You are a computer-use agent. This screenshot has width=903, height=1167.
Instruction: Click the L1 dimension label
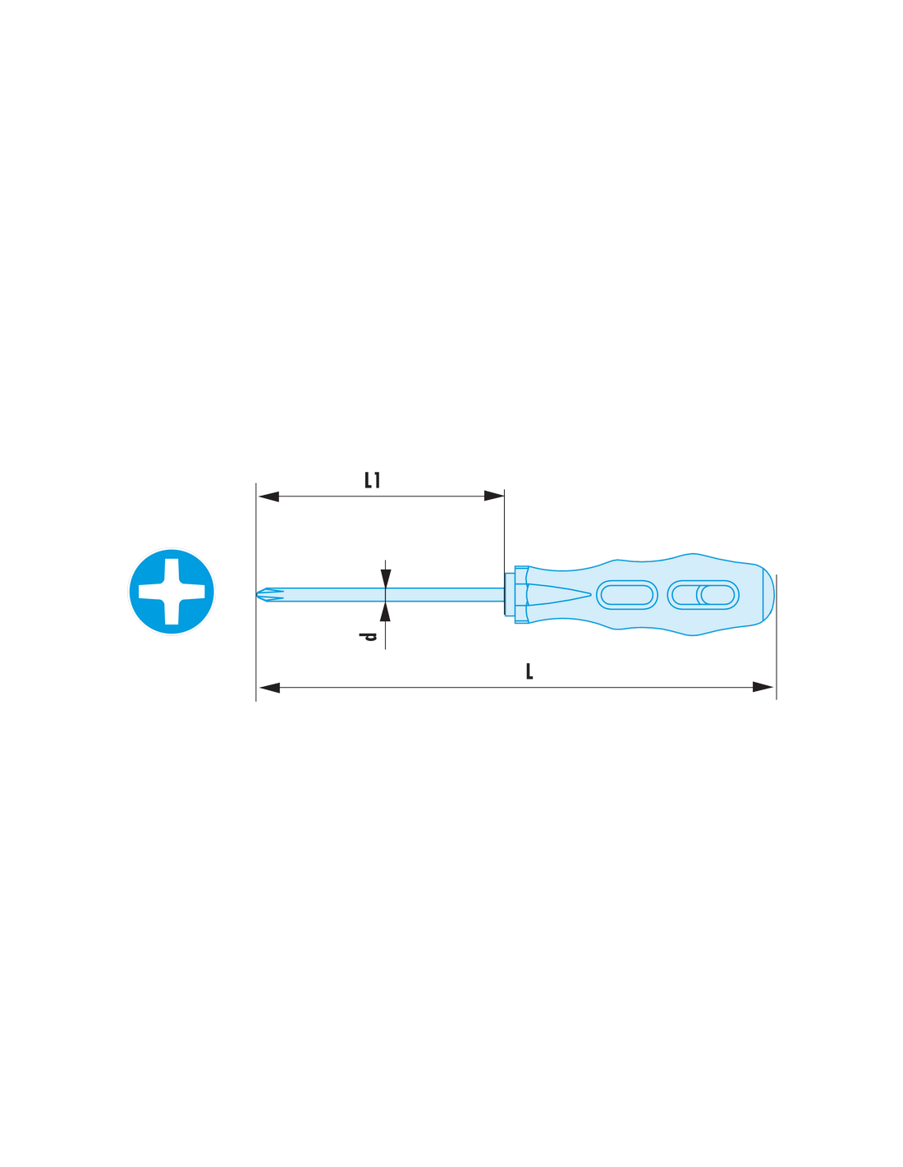pyautogui.click(x=372, y=479)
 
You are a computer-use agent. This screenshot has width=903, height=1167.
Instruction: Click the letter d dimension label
pyautogui.click(x=368, y=637)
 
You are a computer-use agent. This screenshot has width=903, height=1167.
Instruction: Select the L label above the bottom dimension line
pyautogui.click(x=529, y=671)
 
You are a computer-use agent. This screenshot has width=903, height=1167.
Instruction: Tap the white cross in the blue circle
pyautogui.click(x=172, y=591)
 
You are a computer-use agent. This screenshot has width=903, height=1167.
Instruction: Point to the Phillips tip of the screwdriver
pyautogui.click(x=269, y=594)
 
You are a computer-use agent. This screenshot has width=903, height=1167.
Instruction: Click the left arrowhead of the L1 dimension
pyautogui.click(x=268, y=497)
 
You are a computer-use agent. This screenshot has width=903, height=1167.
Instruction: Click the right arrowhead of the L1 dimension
pyautogui.click(x=494, y=496)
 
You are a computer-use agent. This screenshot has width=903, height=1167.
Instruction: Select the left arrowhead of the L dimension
pyautogui.click(x=269, y=688)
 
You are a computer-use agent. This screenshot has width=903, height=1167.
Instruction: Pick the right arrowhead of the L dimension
pyautogui.click(x=763, y=687)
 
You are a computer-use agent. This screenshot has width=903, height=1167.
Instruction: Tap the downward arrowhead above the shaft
pyautogui.click(x=385, y=579)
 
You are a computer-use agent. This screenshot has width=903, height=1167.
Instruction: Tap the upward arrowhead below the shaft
pyautogui.click(x=385, y=611)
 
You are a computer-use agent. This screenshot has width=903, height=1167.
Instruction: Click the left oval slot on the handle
pyautogui.click(x=627, y=595)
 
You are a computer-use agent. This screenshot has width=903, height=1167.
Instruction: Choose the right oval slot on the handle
pyautogui.click(x=703, y=595)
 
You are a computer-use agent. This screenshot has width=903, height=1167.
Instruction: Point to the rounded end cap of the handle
pyautogui.click(x=768, y=594)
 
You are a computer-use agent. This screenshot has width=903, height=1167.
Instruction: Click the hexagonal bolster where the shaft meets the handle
pyautogui.click(x=521, y=594)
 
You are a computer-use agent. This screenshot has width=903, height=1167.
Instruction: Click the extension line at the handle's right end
pyautogui.click(x=777, y=637)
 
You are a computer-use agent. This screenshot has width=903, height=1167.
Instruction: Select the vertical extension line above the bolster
pyautogui.click(x=504, y=552)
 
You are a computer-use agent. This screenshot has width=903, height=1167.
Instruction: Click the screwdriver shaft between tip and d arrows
pyautogui.click(x=328, y=594)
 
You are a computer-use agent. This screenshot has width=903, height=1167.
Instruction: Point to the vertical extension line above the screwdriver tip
pyautogui.click(x=255, y=592)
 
